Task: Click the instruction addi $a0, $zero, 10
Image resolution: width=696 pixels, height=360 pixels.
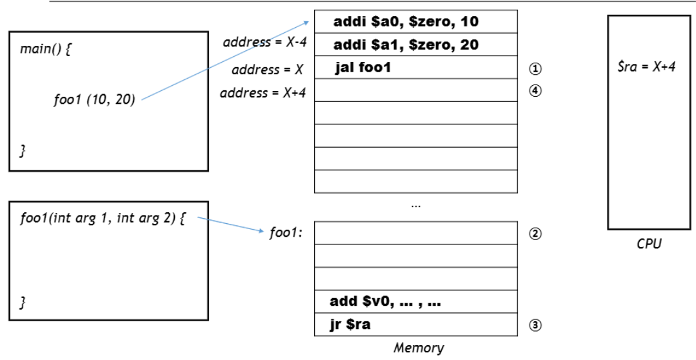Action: click(406, 22)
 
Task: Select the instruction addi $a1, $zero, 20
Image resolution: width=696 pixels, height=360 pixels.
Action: click(406, 45)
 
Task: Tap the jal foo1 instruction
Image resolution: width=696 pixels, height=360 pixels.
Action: click(363, 68)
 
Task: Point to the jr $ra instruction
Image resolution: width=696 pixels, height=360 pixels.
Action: click(350, 325)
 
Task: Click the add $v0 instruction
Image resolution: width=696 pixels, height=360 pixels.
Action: click(385, 302)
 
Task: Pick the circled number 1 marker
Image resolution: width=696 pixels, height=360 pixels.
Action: click(536, 68)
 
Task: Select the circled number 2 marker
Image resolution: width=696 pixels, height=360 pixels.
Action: click(536, 234)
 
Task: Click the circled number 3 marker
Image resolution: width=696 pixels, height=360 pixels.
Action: click(536, 325)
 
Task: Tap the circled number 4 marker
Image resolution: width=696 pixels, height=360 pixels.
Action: click(536, 90)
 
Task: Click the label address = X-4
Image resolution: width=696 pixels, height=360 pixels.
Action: click(264, 42)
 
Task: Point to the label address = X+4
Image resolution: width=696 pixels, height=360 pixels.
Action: click(263, 93)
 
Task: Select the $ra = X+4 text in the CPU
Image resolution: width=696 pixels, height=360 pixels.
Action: click(647, 67)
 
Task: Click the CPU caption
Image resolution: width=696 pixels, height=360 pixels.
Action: click(648, 244)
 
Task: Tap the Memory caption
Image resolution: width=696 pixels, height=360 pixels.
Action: click(419, 348)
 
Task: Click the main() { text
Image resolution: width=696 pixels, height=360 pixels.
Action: click(45, 49)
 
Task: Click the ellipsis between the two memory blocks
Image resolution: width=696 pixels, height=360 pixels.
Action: click(416, 206)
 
